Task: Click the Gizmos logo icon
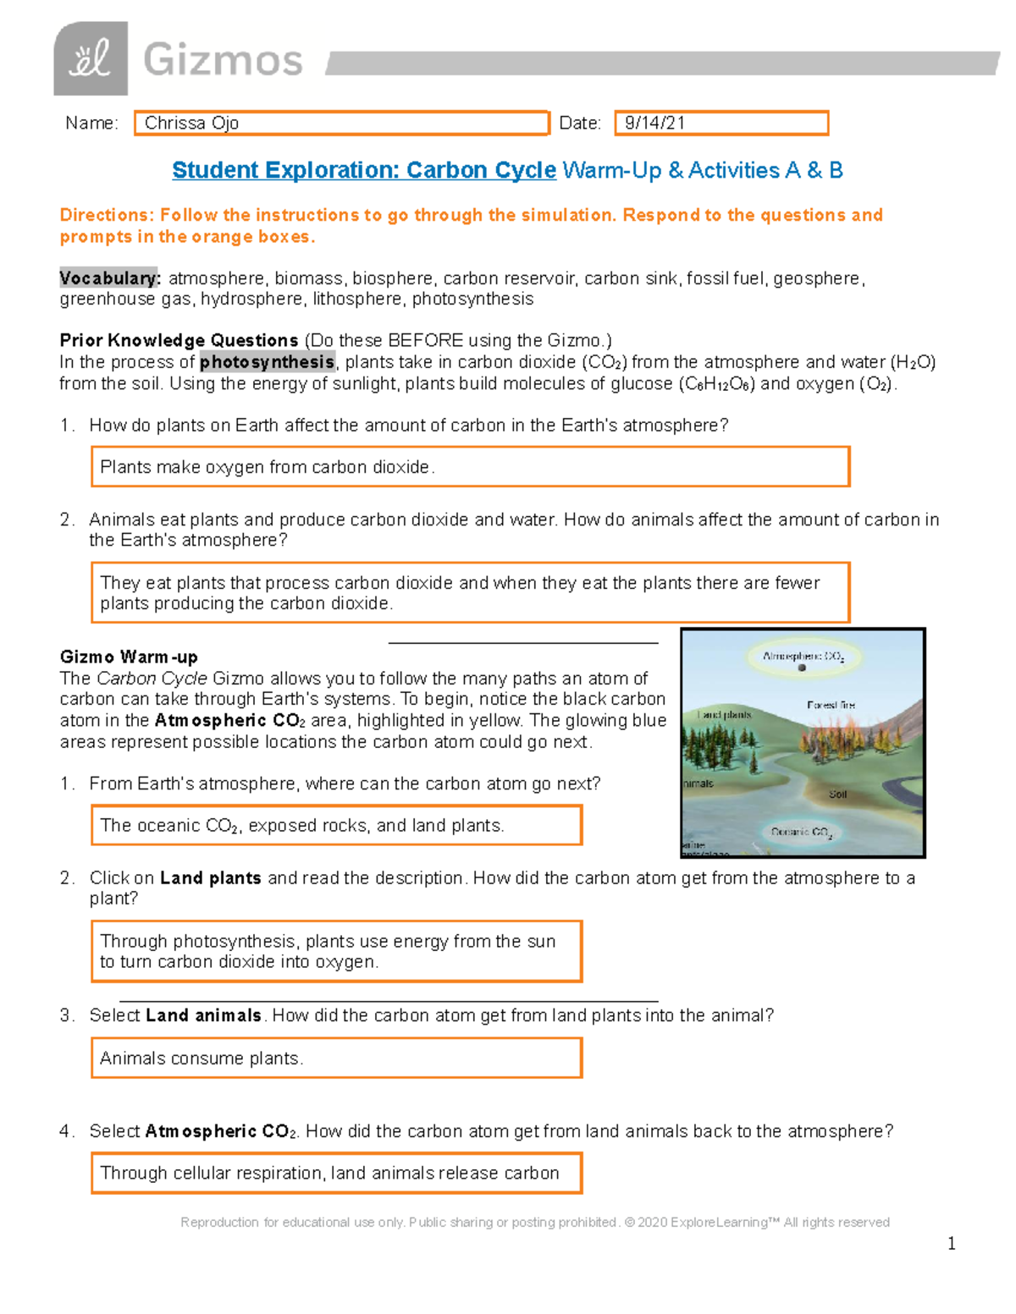tap(91, 59)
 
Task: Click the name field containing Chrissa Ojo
tap(341, 124)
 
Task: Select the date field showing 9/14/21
tap(721, 124)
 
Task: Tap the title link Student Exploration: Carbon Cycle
tap(364, 170)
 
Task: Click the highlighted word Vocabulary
tap(108, 278)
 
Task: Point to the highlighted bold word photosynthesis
tap(267, 362)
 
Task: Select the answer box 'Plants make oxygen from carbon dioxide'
tap(470, 467)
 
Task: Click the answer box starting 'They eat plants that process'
tap(470, 593)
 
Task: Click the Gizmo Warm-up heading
tap(129, 657)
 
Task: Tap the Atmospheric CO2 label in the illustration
tap(802, 656)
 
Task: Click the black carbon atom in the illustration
tap(802, 668)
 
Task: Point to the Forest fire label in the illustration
tap(831, 705)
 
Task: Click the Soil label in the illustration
tap(837, 794)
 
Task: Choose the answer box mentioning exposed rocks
tap(336, 825)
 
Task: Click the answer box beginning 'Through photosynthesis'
tap(336, 951)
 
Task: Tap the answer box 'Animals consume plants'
tap(336, 1058)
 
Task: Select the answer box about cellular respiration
tap(336, 1174)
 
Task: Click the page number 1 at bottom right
tap(952, 1243)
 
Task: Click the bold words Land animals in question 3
tap(203, 1015)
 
